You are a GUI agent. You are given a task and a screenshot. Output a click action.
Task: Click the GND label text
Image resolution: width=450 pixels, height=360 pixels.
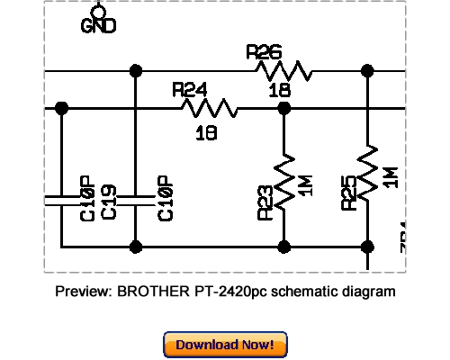98,27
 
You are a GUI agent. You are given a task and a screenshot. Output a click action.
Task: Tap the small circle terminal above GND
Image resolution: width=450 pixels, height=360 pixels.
98,10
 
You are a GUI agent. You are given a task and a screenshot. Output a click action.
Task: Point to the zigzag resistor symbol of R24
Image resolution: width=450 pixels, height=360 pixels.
210,108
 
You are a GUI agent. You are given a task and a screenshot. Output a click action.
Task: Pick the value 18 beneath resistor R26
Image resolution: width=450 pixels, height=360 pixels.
279,91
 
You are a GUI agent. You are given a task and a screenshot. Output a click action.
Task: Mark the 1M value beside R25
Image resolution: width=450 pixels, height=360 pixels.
390,177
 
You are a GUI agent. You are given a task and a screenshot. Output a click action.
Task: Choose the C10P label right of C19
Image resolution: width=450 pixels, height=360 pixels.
165,200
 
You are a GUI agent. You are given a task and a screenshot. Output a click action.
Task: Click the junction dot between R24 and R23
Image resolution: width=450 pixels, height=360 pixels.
283,108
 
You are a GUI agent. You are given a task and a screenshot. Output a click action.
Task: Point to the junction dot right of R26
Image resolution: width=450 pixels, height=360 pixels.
367,70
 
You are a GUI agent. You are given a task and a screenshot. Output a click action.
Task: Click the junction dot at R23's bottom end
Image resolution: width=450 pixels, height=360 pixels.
283,246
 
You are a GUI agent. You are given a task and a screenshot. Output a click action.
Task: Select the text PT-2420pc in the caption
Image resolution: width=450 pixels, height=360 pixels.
228,292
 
